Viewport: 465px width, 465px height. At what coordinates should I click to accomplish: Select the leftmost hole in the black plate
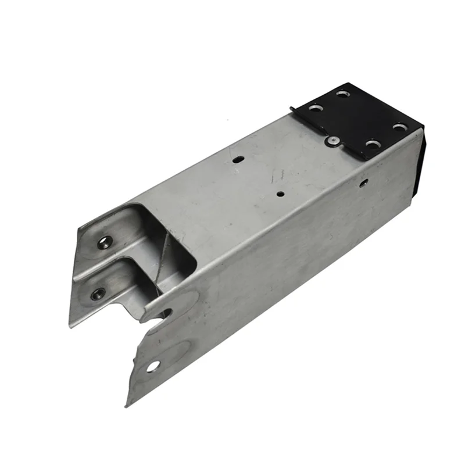click(x=314, y=108)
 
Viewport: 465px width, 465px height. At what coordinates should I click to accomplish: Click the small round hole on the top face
click(x=280, y=195)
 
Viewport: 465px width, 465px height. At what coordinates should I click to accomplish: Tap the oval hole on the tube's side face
click(x=363, y=183)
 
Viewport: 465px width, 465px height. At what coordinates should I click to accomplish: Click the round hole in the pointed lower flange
click(x=153, y=366)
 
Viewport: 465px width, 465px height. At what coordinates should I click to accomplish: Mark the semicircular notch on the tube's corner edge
click(x=165, y=314)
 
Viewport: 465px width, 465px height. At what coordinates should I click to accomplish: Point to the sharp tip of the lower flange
click(x=128, y=405)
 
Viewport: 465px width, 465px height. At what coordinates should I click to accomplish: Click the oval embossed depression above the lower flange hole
click(x=171, y=349)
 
